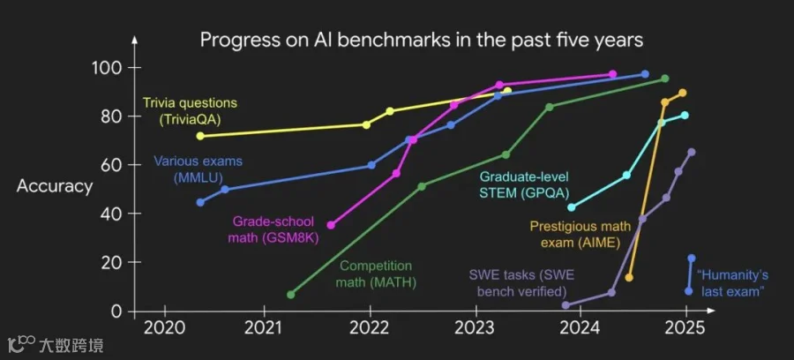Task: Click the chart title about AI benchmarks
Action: click(x=422, y=40)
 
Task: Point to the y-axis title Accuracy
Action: click(x=55, y=186)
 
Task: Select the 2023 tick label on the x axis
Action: click(x=476, y=327)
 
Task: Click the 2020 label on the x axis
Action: click(x=165, y=327)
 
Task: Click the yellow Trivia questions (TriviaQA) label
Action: click(x=190, y=111)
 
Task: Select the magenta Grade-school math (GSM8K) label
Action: click(x=273, y=229)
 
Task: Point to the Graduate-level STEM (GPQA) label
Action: click(x=525, y=184)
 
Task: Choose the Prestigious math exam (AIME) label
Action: click(x=581, y=235)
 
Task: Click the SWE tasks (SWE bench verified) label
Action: click(x=521, y=283)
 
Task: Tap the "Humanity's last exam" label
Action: click(x=733, y=283)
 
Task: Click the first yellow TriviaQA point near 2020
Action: click(x=200, y=136)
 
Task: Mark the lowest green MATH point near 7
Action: click(x=290, y=295)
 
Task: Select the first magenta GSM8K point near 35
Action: click(x=331, y=225)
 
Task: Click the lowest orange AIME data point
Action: click(x=629, y=277)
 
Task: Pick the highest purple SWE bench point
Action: click(x=692, y=152)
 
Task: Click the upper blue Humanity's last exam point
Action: click(x=692, y=259)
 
